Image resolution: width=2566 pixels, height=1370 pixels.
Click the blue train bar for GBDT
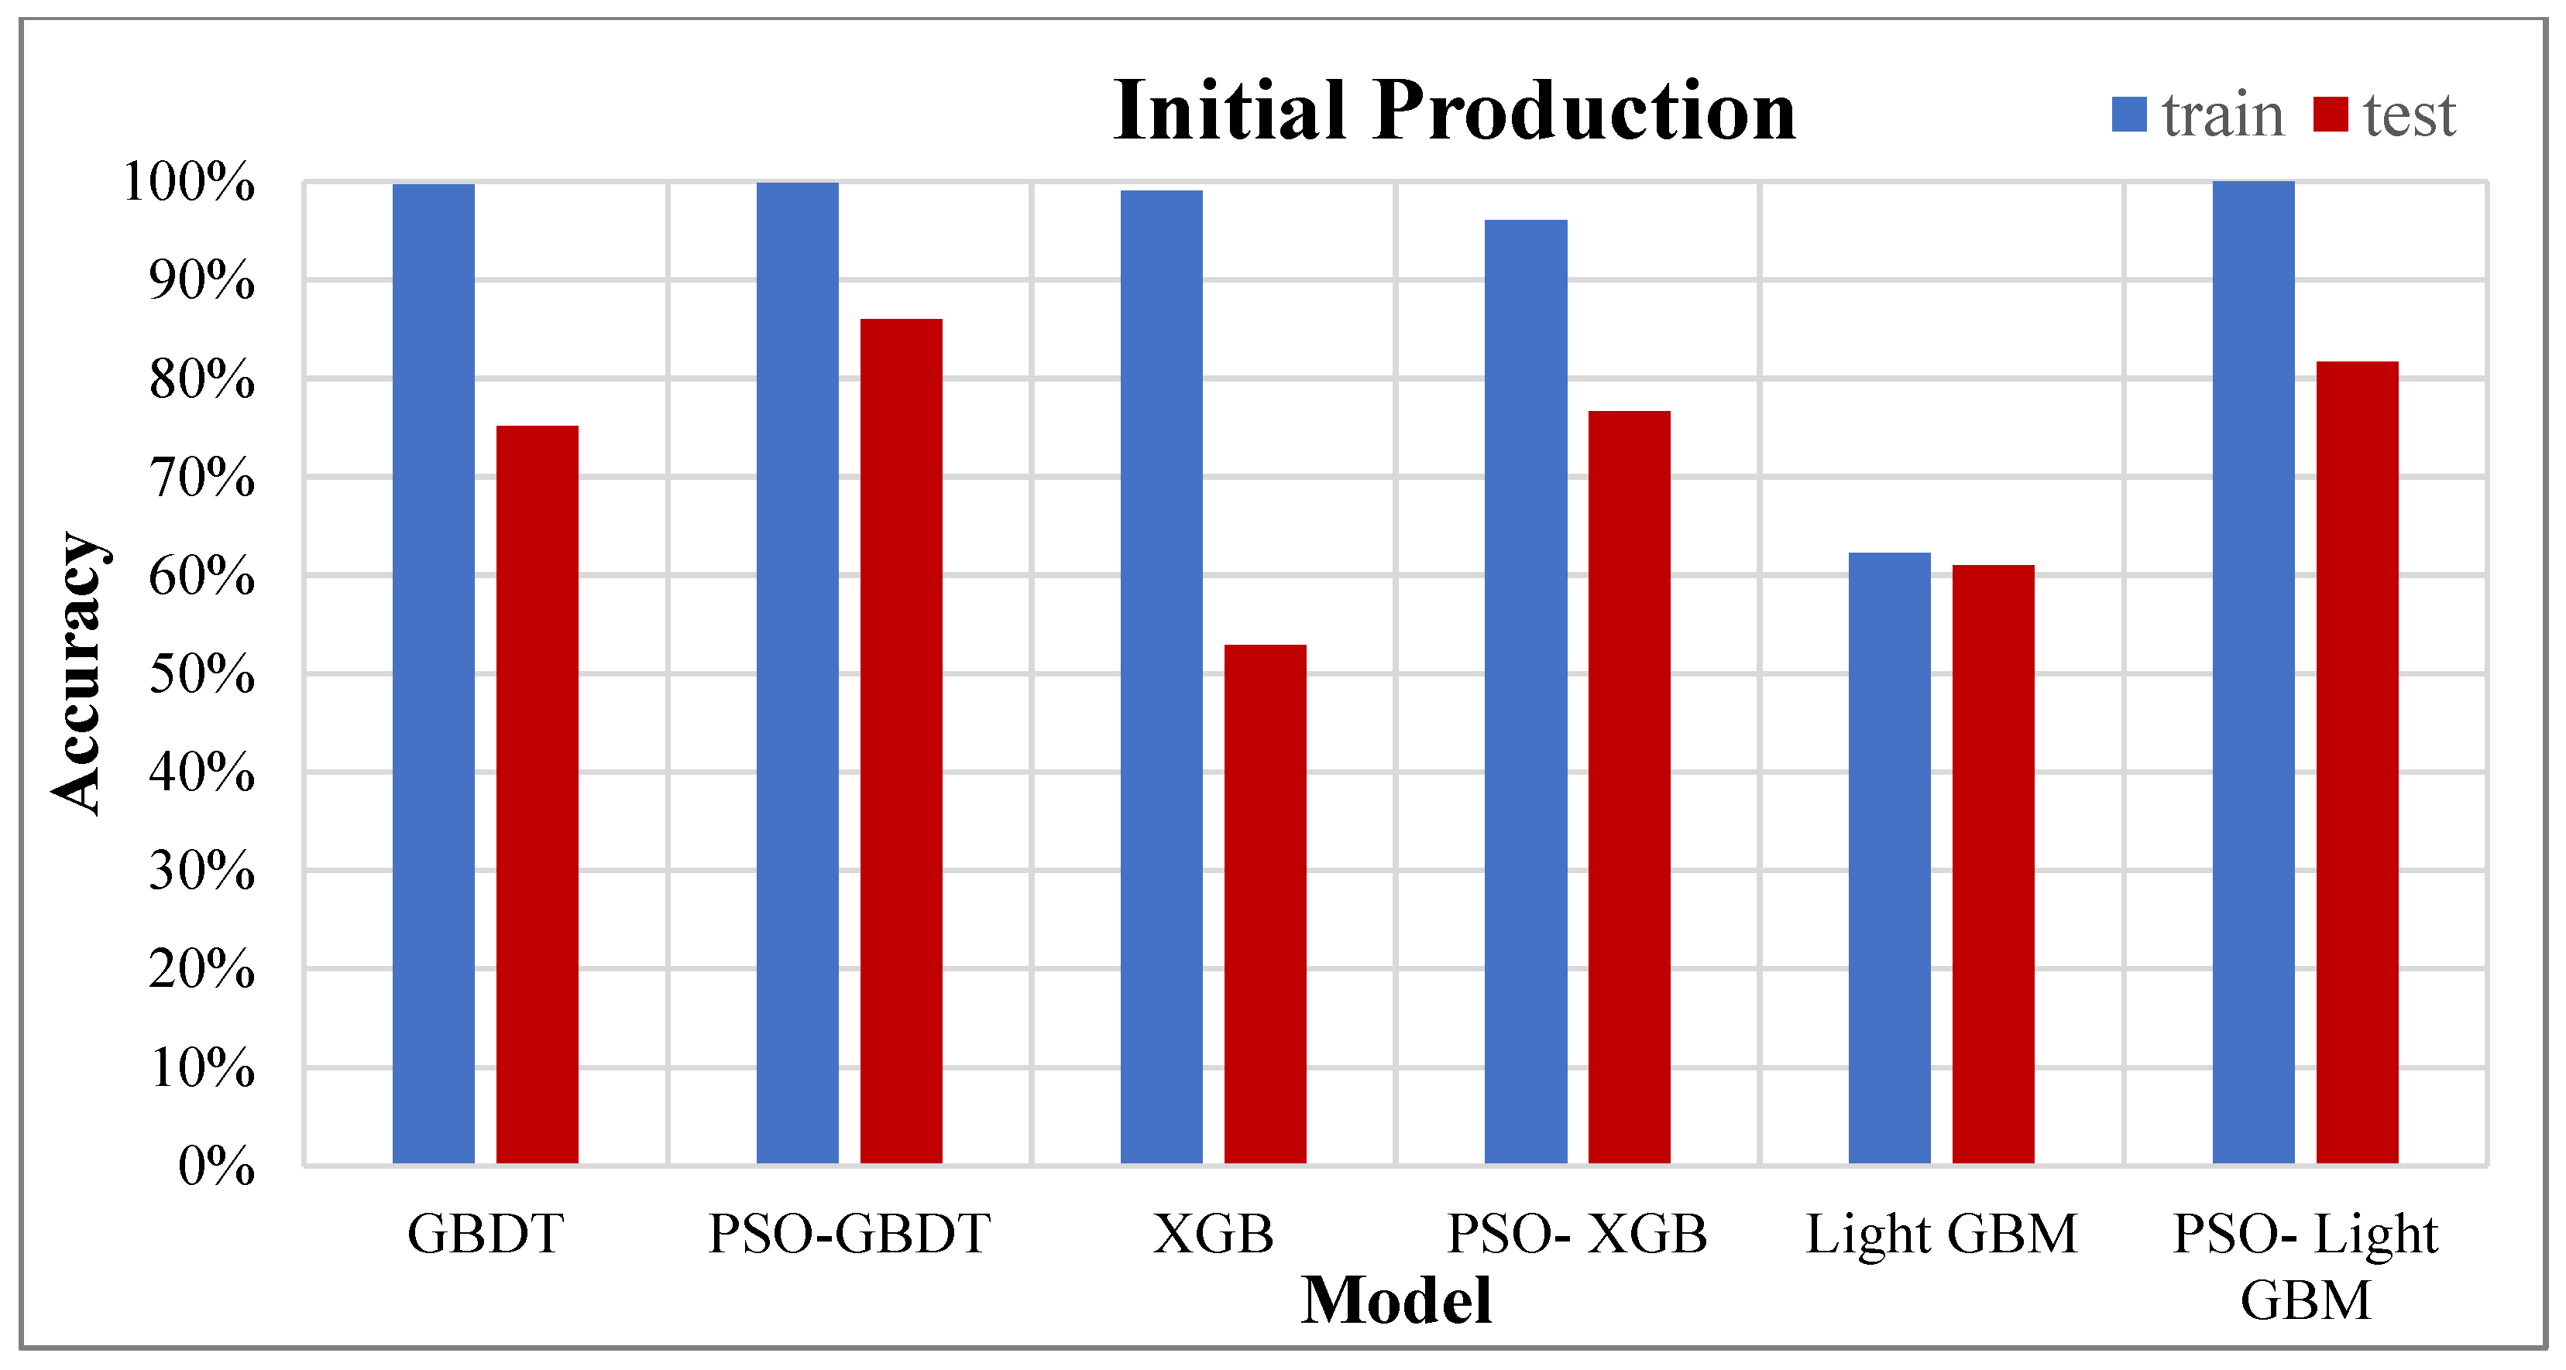pos(433,673)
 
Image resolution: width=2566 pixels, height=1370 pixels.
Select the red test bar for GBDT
pos(537,793)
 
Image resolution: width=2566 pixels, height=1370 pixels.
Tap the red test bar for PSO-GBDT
pos(901,741)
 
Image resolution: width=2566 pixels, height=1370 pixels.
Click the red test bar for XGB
pos(1265,903)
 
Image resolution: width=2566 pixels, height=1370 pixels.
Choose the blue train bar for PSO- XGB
pos(1525,691)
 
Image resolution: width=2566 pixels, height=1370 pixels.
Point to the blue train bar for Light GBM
pos(1888,858)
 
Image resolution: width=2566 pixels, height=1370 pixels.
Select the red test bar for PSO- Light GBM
pos(2357,762)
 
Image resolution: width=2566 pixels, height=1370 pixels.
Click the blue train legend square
pos(2128,115)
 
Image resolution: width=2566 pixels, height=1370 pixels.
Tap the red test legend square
pos(2331,115)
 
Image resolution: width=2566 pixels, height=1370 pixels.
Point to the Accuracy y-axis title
pos(77,673)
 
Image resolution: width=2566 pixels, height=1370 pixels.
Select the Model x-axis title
pos(1396,1300)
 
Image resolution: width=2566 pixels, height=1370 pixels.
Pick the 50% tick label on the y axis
pos(202,674)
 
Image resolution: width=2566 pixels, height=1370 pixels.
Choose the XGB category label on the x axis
pos(1213,1235)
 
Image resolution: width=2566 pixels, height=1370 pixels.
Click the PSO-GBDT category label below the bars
pos(849,1235)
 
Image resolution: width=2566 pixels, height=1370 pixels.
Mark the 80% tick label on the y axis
pos(202,379)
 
